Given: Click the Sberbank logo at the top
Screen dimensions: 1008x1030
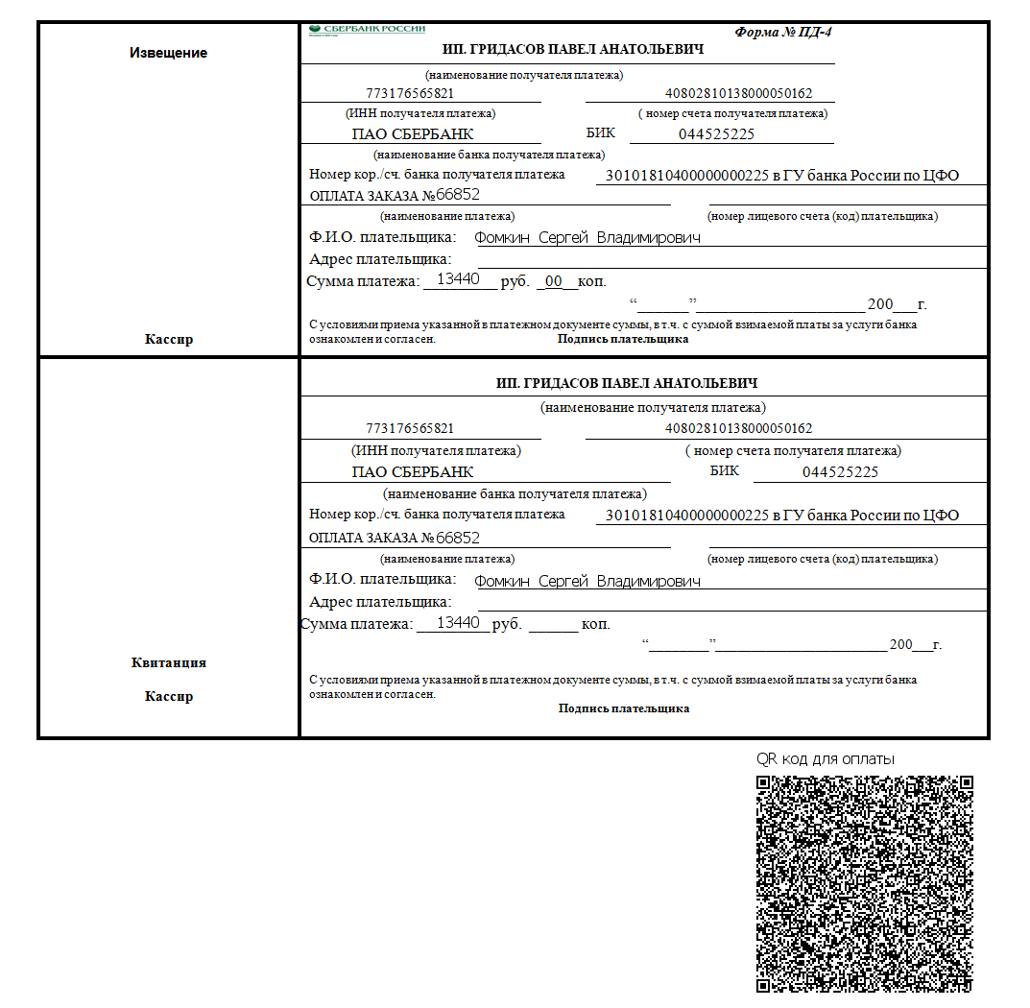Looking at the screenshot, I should click(367, 30).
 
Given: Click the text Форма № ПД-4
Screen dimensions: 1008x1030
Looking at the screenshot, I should click(783, 32).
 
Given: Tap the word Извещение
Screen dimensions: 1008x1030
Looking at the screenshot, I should click(168, 53).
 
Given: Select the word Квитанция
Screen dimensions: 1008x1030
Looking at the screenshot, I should click(168, 662).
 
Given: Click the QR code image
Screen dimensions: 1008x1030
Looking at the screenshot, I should click(865, 883).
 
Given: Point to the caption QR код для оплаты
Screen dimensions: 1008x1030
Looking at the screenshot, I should click(826, 758).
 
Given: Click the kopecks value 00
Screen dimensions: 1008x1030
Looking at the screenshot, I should click(553, 281).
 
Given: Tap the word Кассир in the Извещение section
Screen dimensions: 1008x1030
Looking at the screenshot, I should click(169, 339).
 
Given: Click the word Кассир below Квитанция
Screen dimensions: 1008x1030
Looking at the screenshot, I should click(169, 696).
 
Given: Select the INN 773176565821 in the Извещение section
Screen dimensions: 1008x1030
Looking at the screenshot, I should click(410, 94).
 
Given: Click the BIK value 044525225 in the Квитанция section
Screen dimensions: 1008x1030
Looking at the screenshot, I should click(840, 472).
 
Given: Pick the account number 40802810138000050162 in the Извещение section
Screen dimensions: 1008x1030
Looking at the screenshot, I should click(739, 94).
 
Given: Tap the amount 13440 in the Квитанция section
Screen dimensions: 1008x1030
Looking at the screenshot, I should click(458, 623).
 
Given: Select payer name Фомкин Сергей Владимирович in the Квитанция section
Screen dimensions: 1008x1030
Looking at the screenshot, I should click(587, 581).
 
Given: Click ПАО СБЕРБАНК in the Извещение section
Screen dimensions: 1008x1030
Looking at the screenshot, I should click(413, 134).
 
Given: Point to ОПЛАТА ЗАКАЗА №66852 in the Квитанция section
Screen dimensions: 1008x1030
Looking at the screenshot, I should click(395, 538).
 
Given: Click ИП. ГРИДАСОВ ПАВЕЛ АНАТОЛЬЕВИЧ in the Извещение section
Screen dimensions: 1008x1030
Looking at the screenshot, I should click(573, 50).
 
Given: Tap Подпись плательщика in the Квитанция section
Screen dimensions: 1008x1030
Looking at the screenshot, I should click(624, 708).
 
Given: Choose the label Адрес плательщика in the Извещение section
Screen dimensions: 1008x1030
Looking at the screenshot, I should click(380, 259).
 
